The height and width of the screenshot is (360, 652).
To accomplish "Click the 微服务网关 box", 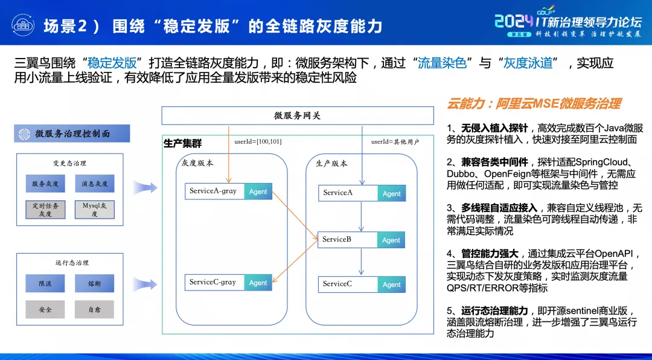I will [297, 115].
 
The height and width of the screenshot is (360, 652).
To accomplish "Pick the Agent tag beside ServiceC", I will [391, 284].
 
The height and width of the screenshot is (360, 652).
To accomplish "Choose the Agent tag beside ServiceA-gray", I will [258, 191].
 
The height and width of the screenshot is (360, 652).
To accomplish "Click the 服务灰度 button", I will [45, 184].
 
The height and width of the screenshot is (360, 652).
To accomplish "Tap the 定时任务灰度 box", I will [45, 210].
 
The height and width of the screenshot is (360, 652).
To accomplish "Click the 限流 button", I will [45, 283].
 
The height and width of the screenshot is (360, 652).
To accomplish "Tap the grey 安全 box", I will [45, 309].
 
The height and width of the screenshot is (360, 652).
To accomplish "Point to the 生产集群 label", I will [183, 144].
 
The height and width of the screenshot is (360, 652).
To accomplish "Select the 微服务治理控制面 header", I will [72, 133].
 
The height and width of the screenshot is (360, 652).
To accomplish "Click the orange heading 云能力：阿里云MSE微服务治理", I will [534, 104].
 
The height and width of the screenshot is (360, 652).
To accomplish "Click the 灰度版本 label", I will [197, 163].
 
